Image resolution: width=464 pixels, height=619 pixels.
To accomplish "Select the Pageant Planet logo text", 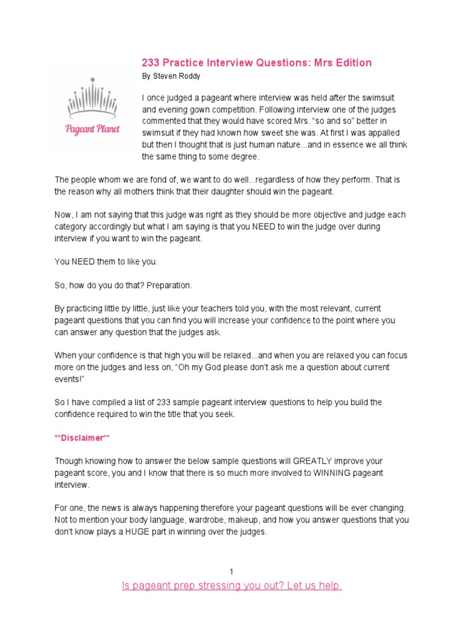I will click(x=93, y=129).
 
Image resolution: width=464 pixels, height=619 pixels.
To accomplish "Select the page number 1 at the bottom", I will click(x=231, y=572).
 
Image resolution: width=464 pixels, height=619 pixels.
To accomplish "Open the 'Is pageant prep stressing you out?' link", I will click(x=232, y=586).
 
